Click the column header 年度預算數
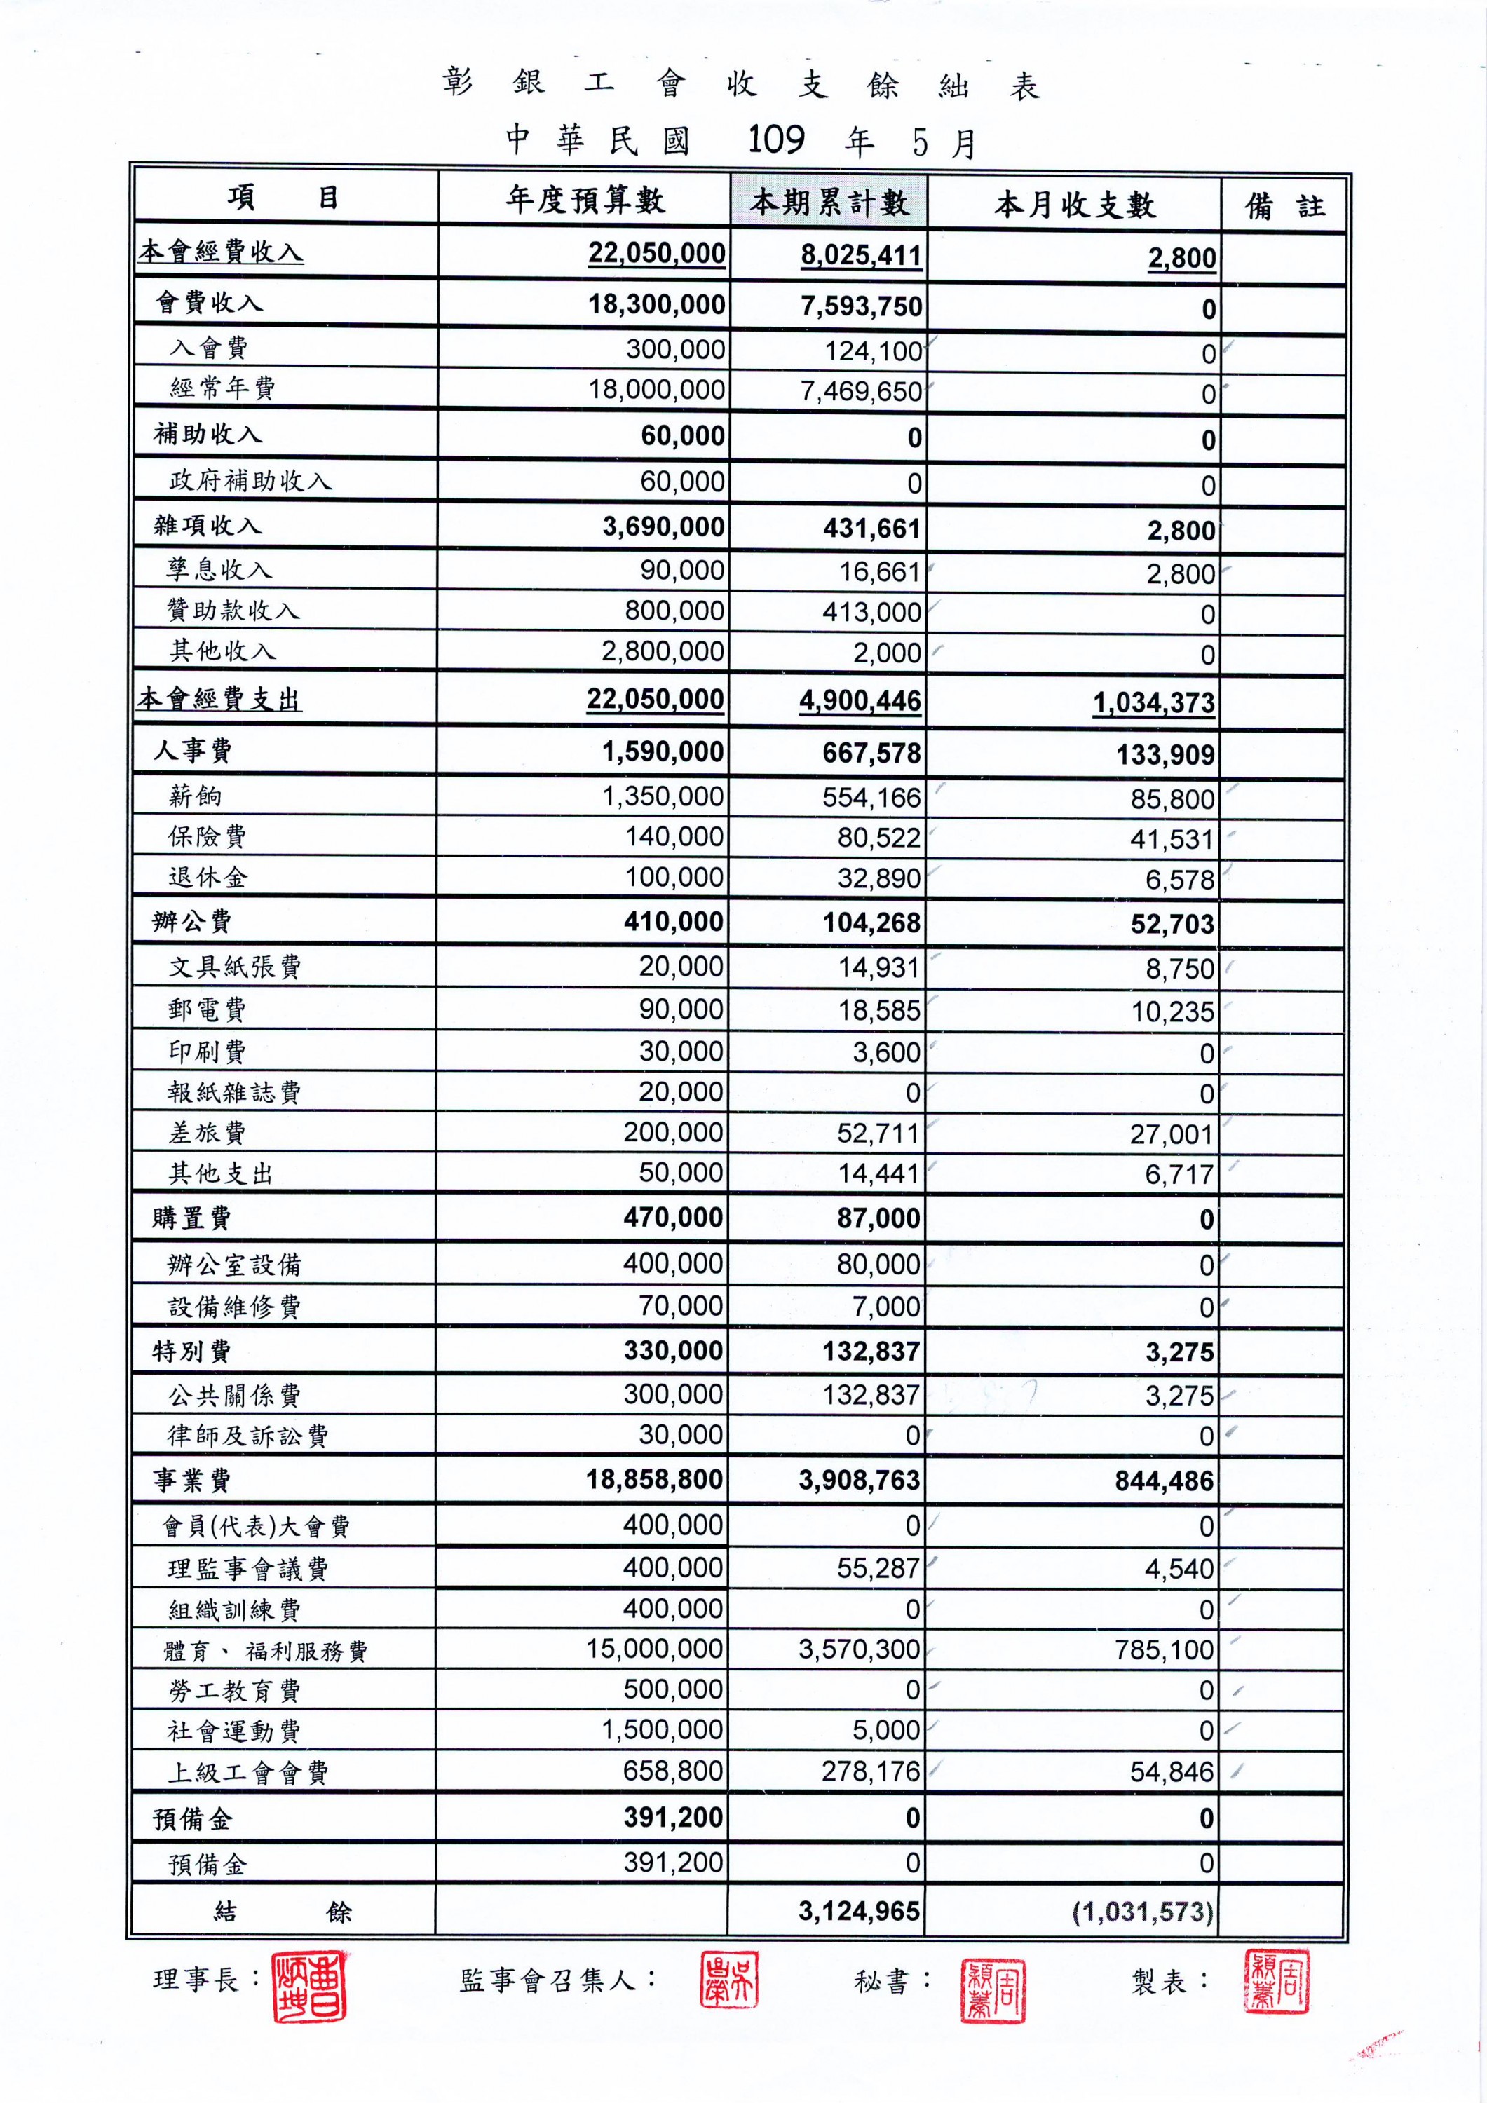click(x=585, y=200)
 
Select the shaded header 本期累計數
click(x=829, y=201)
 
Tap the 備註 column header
click(x=1284, y=206)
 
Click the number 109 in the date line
click(x=776, y=140)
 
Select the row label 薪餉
click(x=195, y=795)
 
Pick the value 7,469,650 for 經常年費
click(x=860, y=392)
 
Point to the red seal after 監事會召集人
click(x=729, y=1978)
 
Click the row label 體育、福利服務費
click(x=265, y=1651)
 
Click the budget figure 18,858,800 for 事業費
click(x=654, y=1479)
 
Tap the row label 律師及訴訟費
click(x=247, y=1435)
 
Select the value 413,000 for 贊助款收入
click(x=871, y=612)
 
